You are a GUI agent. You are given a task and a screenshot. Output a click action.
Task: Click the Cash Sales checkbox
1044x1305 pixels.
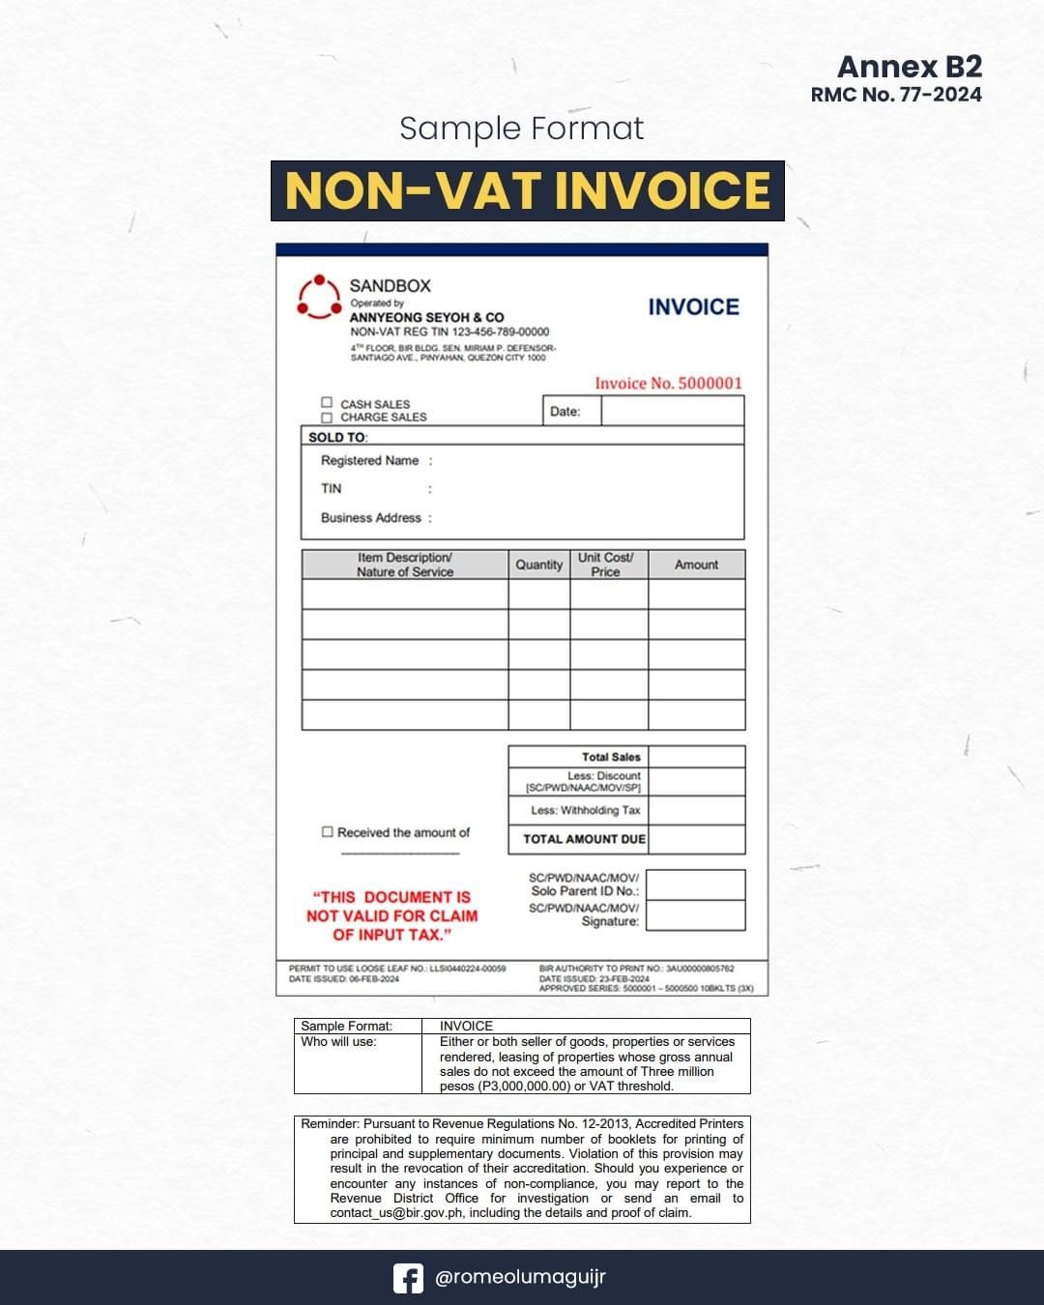pyautogui.click(x=327, y=403)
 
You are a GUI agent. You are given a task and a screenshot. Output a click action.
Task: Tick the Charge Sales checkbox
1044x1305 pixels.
pyautogui.click(x=327, y=418)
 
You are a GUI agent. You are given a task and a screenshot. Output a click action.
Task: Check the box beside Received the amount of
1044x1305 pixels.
pyautogui.click(x=328, y=831)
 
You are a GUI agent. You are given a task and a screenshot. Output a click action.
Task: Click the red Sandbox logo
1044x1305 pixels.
pyautogui.click(x=319, y=297)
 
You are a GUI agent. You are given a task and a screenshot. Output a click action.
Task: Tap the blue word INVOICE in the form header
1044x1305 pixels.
pyautogui.click(x=693, y=307)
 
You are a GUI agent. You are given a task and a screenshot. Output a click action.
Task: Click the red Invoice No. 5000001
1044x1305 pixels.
pyautogui.click(x=668, y=384)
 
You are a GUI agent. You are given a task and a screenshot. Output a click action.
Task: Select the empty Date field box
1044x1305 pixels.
pyautogui.click(x=672, y=411)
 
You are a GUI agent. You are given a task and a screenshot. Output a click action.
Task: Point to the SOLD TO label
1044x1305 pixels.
pyautogui.click(x=337, y=437)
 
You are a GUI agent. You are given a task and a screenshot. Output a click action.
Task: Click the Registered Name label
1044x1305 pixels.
pyautogui.click(x=369, y=461)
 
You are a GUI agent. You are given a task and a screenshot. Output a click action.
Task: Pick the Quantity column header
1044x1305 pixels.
pyautogui.click(x=538, y=565)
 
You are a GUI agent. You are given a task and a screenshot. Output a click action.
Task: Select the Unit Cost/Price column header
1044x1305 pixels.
pyautogui.click(x=606, y=565)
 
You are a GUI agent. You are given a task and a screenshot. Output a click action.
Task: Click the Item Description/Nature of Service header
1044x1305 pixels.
pyautogui.click(x=404, y=565)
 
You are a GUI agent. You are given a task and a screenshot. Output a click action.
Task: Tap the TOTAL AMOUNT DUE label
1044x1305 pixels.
pyautogui.click(x=584, y=839)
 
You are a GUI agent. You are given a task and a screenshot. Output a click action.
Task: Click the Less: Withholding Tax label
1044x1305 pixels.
pyautogui.click(x=585, y=810)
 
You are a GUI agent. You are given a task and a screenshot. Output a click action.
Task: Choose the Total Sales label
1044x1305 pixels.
pyautogui.click(x=611, y=757)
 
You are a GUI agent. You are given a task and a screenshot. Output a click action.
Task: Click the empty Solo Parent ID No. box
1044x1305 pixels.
pyautogui.click(x=695, y=884)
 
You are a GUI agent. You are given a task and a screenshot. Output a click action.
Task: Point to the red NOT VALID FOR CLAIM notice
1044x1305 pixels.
pyautogui.click(x=391, y=915)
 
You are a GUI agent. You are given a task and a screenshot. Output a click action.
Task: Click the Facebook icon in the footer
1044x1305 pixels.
pyautogui.click(x=408, y=1278)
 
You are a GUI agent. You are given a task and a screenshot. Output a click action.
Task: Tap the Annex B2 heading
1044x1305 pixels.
pyautogui.click(x=909, y=67)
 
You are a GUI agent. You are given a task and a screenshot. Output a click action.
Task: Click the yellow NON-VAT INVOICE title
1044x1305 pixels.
pyautogui.click(x=528, y=190)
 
